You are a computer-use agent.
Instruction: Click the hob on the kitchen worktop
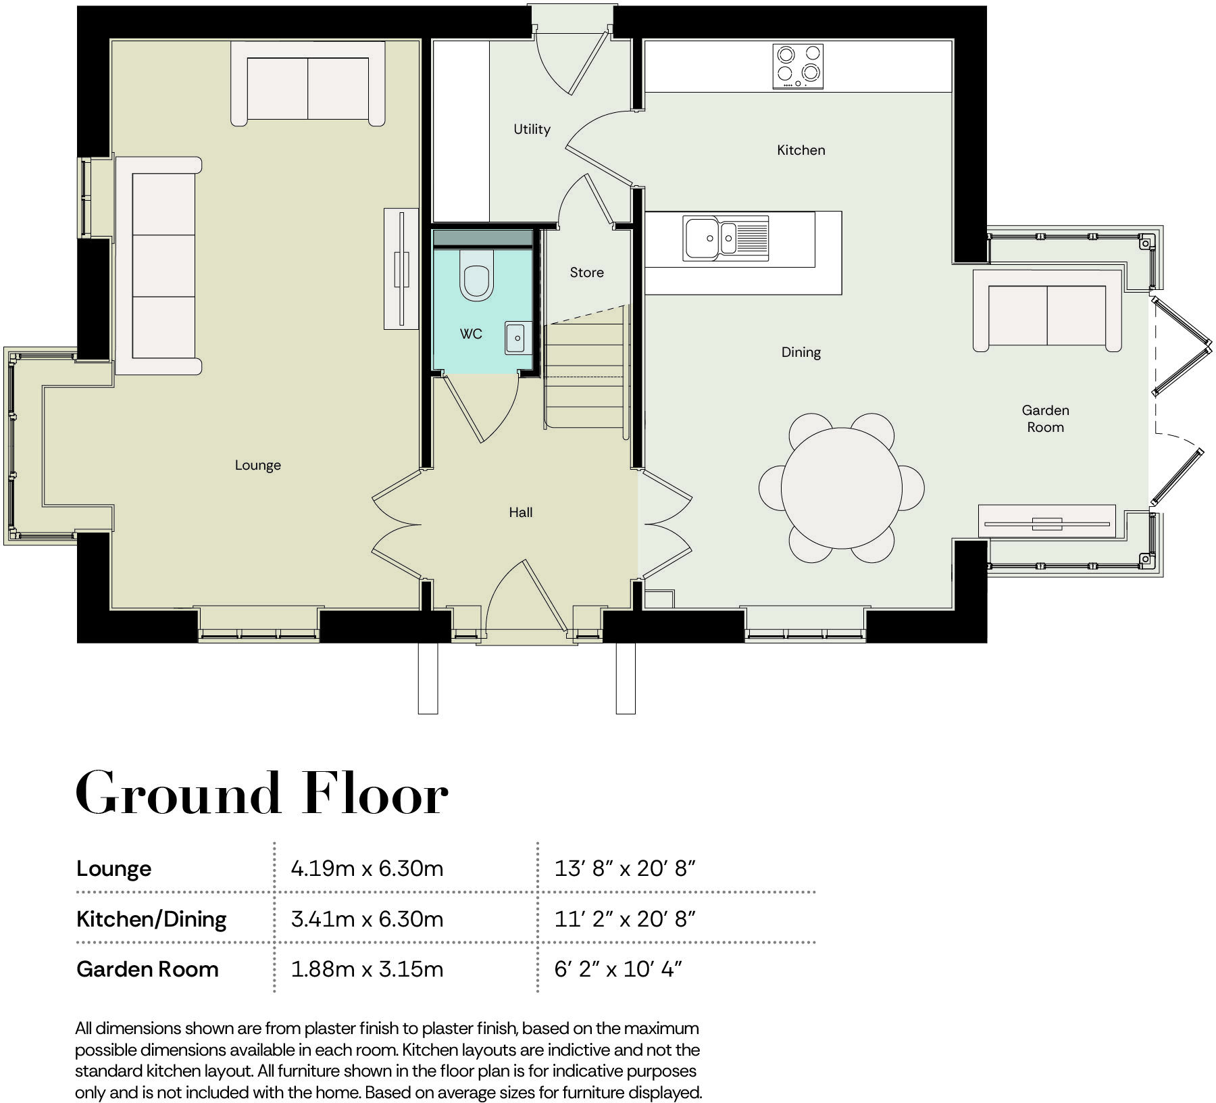(x=798, y=66)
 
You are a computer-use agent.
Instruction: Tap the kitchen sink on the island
(x=725, y=238)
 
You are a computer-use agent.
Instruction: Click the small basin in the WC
(x=515, y=338)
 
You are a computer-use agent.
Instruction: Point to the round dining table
(x=841, y=487)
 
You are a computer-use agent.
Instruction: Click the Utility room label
(x=532, y=129)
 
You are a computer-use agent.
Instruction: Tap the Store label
(x=586, y=272)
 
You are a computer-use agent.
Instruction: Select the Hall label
(x=520, y=512)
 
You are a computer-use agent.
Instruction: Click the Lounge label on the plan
(x=257, y=465)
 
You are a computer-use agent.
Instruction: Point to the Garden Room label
(x=1045, y=418)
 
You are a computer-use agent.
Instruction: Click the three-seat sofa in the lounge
(x=159, y=266)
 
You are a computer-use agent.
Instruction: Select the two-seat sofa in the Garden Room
(x=1046, y=312)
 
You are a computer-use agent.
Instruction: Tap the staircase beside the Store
(x=584, y=375)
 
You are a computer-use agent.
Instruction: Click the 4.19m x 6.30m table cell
(x=367, y=868)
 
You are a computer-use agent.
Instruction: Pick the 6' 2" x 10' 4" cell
(x=617, y=969)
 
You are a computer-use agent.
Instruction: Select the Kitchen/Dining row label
(x=151, y=918)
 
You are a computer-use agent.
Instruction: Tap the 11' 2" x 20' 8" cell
(x=624, y=918)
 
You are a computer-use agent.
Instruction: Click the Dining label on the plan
(x=801, y=352)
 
